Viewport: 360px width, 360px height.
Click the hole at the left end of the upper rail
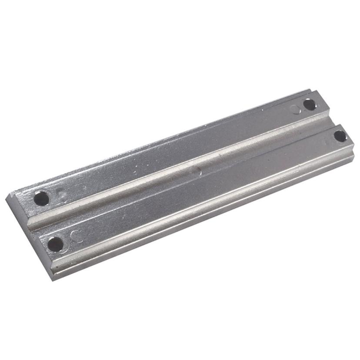(41, 199)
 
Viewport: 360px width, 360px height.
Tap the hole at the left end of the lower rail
(55, 244)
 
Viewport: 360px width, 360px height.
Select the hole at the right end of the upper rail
(309, 104)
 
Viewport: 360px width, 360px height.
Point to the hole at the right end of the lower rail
(340, 136)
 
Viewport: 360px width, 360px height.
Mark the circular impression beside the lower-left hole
(76, 237)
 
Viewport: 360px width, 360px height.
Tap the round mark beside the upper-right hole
(297, 109)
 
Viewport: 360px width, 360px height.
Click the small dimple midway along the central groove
(198, 172)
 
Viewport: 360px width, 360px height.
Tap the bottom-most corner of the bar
(54, 280)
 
